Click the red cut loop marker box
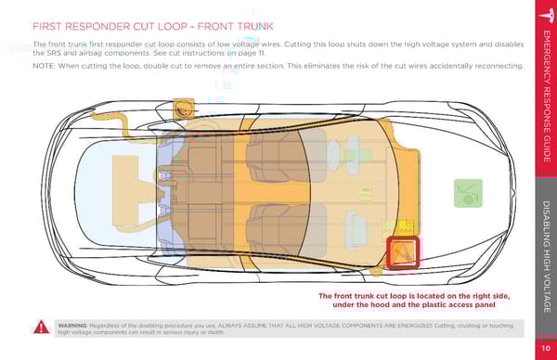coord(403,251)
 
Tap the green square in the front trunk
coord(468,193)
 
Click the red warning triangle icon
coord(42,327)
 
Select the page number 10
coord(546,348)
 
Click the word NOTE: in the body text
coord(44,66)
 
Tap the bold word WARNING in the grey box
coord(72,326)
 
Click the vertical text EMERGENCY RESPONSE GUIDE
coord(547,96)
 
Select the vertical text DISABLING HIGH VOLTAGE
coord(547,256)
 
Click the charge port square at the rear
coord(184,109)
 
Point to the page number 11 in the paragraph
coord(262,53)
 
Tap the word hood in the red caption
coord(385,304)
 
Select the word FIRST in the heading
coord(47,26)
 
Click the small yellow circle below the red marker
coord(376,271)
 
